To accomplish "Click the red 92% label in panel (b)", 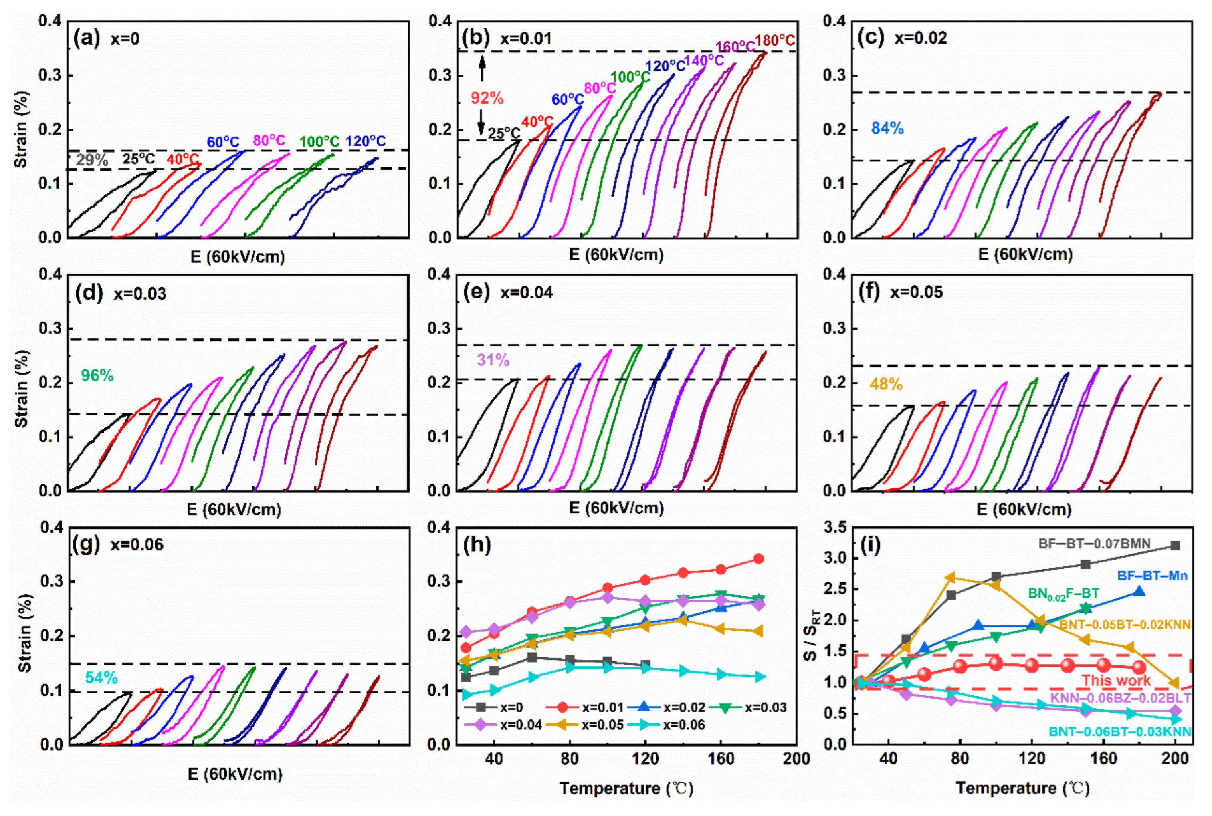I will coord(487,98).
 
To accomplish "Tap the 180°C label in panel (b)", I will coord(775,40).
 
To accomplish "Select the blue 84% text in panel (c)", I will coord(887,128).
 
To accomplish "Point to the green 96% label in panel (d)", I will coord(97,375).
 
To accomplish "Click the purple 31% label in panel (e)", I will coord(493,360).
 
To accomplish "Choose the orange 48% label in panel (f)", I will coord(886,384).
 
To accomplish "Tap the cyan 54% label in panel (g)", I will coord(101,677).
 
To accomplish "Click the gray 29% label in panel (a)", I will coord(92,160).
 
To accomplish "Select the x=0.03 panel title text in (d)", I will coord(140,294).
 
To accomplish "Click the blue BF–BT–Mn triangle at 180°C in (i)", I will coord(1139,592).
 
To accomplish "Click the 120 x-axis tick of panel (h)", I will coord(645,759).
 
